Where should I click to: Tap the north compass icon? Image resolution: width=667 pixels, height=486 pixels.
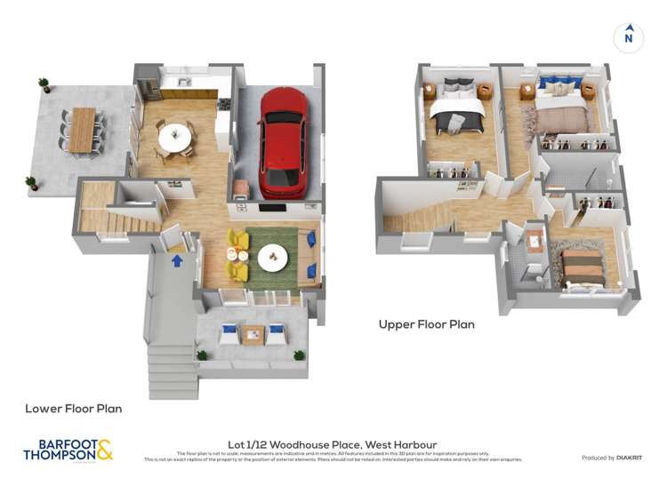[628, 37]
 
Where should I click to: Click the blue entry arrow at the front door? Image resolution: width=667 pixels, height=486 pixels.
[177, 260]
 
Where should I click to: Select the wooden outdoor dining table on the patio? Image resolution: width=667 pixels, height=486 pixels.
[82, 129]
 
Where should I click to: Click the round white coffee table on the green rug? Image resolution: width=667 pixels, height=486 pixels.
[274, 256]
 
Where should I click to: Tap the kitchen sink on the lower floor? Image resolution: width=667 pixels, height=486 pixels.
[185, 84]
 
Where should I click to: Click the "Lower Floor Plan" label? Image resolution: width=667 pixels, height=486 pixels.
[73, 409]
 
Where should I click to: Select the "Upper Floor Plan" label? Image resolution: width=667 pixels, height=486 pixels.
[426, 324]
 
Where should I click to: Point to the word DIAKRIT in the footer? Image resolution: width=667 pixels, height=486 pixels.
[627, 458]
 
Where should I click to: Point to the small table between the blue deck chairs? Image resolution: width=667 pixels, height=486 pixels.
[253, 335]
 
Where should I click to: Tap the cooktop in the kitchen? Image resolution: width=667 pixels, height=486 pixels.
[222, 104]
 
